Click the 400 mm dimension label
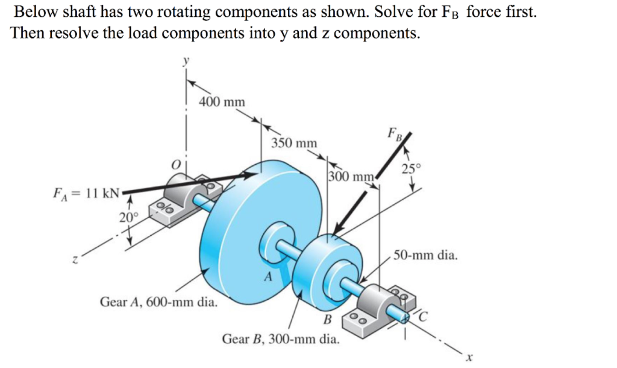tap(222, 102)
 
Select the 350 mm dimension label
tap(294, 144)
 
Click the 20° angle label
tap(128, 218)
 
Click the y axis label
tap(187, 62)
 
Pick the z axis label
tap(75, 260)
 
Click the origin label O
tap(176, 164)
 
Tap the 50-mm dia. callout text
tap(426, 255)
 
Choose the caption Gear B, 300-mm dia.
tap(281, 338)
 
